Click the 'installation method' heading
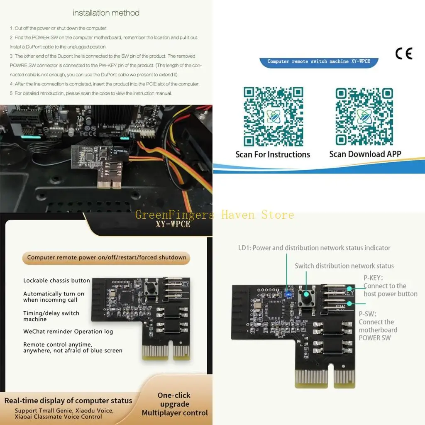tap(106, 13)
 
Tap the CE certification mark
tap(403, 54)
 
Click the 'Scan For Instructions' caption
tap(273, 154)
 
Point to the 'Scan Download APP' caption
tap(365, 154)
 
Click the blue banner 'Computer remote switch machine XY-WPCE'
tap(319, 61)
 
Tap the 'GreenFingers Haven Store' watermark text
tap(215, 215)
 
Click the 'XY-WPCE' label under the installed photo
tap(173, 224)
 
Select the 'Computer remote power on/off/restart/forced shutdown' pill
tap(107, 257)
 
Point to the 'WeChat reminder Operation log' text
tap(68, 331)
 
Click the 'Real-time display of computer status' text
tap(68, 401)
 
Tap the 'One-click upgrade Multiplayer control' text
tap(175, 404)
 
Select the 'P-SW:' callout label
tap(368, 314)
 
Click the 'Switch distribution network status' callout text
tap(344, 266)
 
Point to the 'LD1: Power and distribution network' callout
tap(314, 248)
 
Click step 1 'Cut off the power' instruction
tap(59, 28)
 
